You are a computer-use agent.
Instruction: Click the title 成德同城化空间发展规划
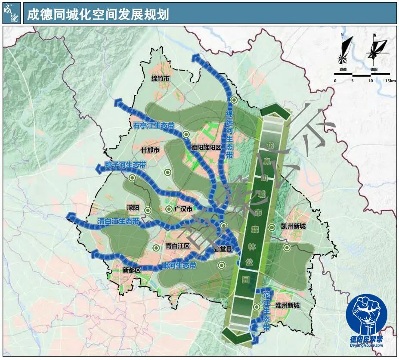98,15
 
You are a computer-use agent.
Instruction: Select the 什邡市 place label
150,150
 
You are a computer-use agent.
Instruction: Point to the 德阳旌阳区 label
206,147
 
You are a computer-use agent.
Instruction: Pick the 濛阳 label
133,208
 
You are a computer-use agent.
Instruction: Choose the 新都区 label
132,270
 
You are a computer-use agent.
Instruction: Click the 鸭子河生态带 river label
125,165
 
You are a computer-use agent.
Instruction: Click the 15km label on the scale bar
390,81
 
